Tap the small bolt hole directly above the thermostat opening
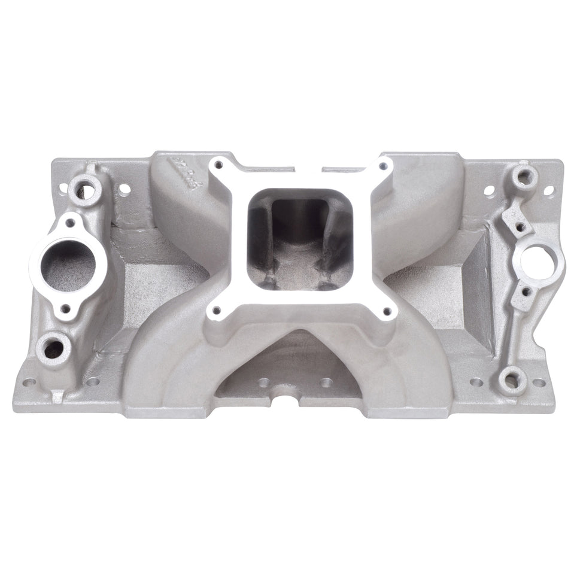click(71, 223)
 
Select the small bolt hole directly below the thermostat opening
click(66, 308)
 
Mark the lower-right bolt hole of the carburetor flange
click(386, 311)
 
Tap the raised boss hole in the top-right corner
click(525, 175)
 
